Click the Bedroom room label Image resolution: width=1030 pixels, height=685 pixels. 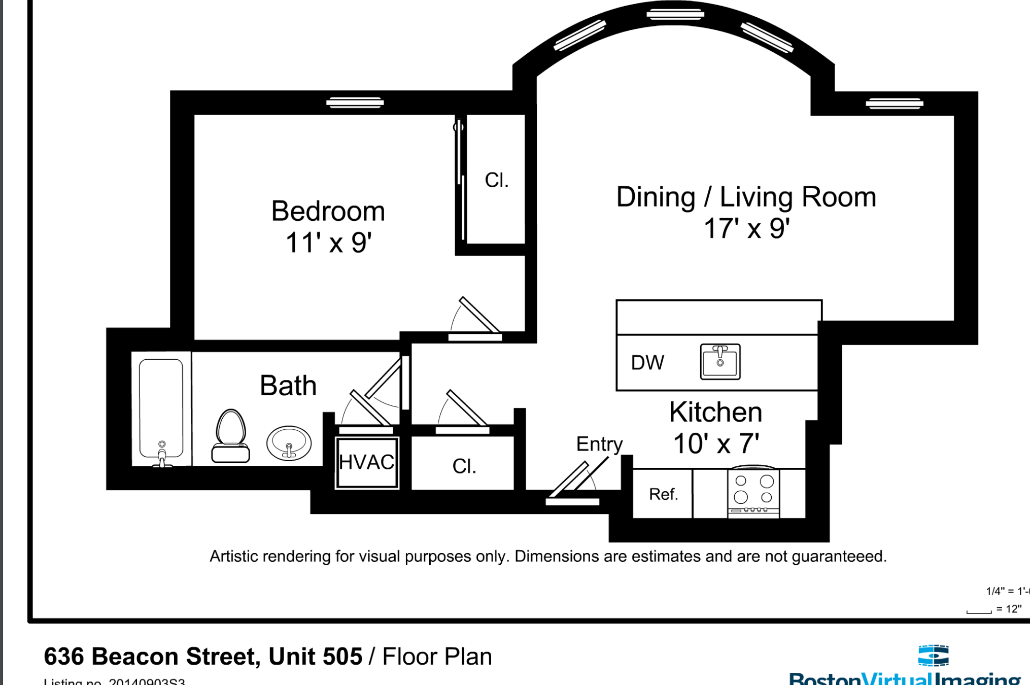point(328,211)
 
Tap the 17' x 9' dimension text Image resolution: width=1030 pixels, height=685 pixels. point(746,228)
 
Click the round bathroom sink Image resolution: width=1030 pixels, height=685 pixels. point(289,443)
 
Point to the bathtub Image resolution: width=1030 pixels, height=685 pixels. point(161,408)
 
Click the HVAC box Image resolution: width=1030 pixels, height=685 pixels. point(367,462)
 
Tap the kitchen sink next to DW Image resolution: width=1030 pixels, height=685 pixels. point(720,362)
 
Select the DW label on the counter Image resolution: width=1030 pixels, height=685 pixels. point(647,362)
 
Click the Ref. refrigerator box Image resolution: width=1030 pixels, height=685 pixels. point(663,494)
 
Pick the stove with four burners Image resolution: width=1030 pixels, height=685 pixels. point(753,492)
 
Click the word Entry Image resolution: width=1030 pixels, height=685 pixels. point(599,444)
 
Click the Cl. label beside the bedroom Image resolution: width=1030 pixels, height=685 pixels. point(496,180)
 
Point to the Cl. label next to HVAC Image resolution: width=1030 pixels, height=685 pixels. point(464,466)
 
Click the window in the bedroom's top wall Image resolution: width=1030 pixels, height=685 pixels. point(355,103)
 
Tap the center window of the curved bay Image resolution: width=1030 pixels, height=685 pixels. point(675,14)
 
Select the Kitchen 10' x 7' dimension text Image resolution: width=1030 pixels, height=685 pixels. point(715,443)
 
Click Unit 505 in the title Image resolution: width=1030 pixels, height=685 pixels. point(315,656)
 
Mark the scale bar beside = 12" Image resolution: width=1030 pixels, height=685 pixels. point(979,611)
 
